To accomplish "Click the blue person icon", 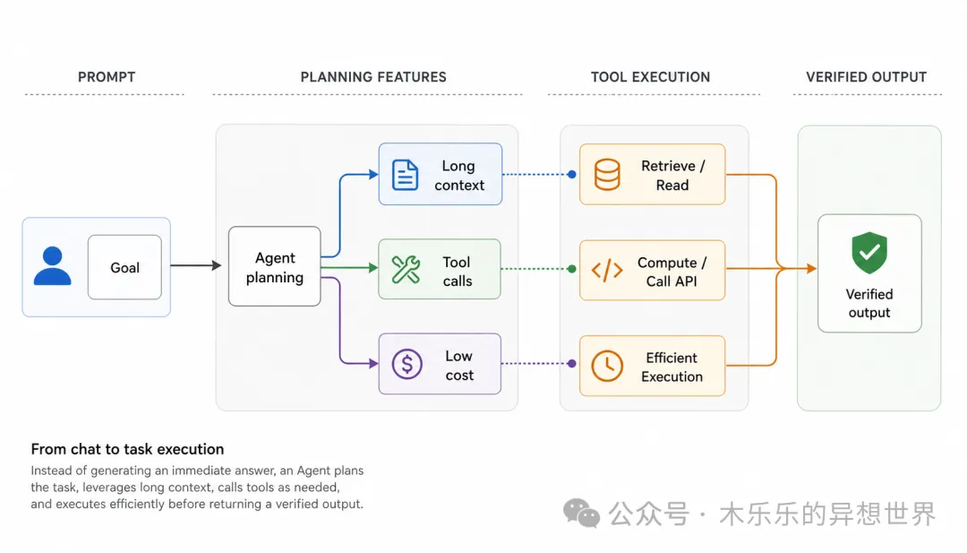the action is pyautogui.click(x=53, y=266).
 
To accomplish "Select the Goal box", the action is pyautogui.click(x=124, y=267).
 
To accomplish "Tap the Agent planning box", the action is pyautogui.click(x=275, y=266).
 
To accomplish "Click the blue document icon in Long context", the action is pyautogui.click(x=406, y=175).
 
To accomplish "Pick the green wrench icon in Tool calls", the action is pyautogui.click(x=406, y=270).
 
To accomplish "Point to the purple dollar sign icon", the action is pyautogui.click(x=407, y=364).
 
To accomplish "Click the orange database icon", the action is pyautogui.click(x=607, y=175).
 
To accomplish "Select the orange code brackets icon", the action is pyautogui.click(x=607, y=271).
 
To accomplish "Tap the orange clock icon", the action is pyautogui.click(x=607, y=366).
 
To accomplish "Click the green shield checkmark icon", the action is pyautogui.click(x=869, y=253).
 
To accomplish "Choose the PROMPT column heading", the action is pyautogui.click(x=107, y=77).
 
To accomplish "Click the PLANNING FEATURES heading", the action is pyautogui.click(x=373, y=77).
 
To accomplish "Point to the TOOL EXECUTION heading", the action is pyautogui.click(x=651, y=77).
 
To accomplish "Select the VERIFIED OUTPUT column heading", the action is pyautogui.click(x=867, y=77).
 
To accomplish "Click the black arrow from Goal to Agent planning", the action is pyautogui.click(x=195, y=265).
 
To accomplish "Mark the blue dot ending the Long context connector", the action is pyautogui.click(x=571, y=175).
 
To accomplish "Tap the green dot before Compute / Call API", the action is pyautogui.click(x=571, y=269).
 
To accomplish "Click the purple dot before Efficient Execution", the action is pyautogui.click(x=571, y=364).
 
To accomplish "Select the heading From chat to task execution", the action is pyautogui.click(x=128, y=449).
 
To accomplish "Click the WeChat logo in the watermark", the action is pyautogui.click(x=581, y=514).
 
